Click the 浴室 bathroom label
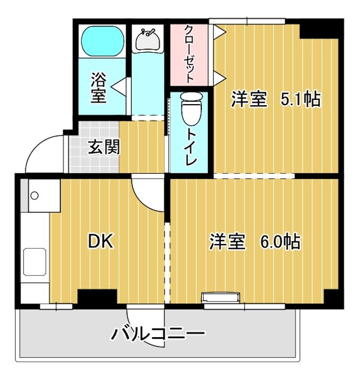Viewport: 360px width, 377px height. pos(98,88)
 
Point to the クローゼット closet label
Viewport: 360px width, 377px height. pos(189,54)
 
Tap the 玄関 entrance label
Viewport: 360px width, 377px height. pos(104,147)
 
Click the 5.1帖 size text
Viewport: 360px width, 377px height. pos(300,99)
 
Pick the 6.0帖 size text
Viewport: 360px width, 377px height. pos(279,241)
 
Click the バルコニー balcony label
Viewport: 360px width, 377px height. pos(157,333)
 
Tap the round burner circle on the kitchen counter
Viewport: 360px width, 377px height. pos(35,196)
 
